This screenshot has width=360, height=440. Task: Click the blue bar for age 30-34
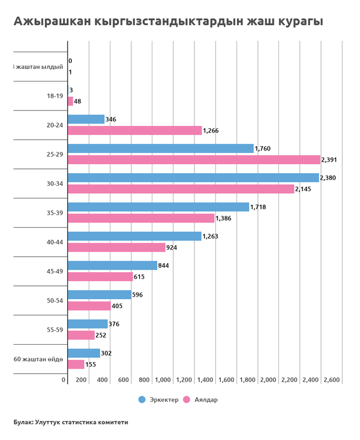193,178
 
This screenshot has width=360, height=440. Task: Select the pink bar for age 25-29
194,159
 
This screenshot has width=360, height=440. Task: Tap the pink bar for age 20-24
135,130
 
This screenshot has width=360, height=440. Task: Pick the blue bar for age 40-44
134,236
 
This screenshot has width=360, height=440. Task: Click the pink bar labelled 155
76,364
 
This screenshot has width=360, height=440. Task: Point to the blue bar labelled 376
88,324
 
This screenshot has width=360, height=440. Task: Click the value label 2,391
330,159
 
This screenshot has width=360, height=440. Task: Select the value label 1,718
260,207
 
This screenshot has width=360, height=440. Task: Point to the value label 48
77,101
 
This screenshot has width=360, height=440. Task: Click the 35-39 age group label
54,212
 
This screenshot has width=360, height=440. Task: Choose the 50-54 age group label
54,300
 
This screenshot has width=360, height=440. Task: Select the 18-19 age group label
54,96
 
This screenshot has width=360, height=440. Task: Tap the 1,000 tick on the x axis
163,380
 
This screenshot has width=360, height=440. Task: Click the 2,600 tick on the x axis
332,380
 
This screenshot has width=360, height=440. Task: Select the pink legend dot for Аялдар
186,400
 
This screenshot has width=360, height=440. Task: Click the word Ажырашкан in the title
52,22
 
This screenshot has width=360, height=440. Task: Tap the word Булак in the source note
23,422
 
